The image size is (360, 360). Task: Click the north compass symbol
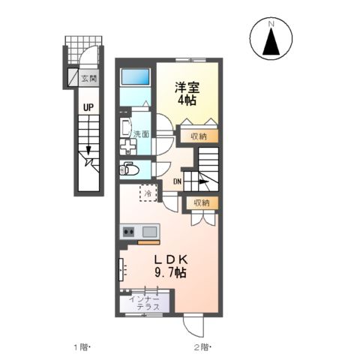coord(271,40)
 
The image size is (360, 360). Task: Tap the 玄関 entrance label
coord(88,76)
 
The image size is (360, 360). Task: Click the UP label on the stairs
coord(88,108)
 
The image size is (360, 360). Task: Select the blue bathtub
coord(135,76)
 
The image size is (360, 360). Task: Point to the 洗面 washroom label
coord(140,134)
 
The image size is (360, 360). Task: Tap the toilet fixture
coord(128,168)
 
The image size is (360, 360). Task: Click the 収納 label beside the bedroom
coord(199,136)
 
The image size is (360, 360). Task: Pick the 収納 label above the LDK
coord(202,203)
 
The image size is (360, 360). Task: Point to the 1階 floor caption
coord(80,347)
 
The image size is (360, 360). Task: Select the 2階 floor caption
coord(201,347)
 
